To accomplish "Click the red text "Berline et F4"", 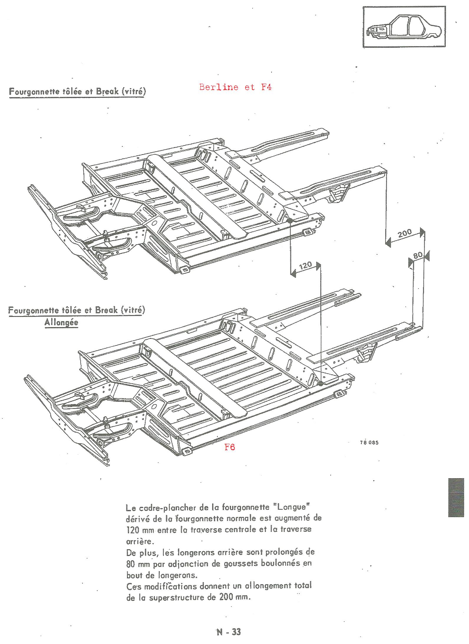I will click(x=235, y=87).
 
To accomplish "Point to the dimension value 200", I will click(x=405, y=234).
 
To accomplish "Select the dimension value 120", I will click(x=305, y=266).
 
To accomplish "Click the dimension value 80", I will click(x=418, y=255).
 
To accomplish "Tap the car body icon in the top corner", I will click(x=404, y=27).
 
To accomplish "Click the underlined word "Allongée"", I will click(x=61, y=322).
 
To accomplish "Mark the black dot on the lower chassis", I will click(x=320, y=383).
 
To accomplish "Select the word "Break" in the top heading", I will click(x=106, y=91).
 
